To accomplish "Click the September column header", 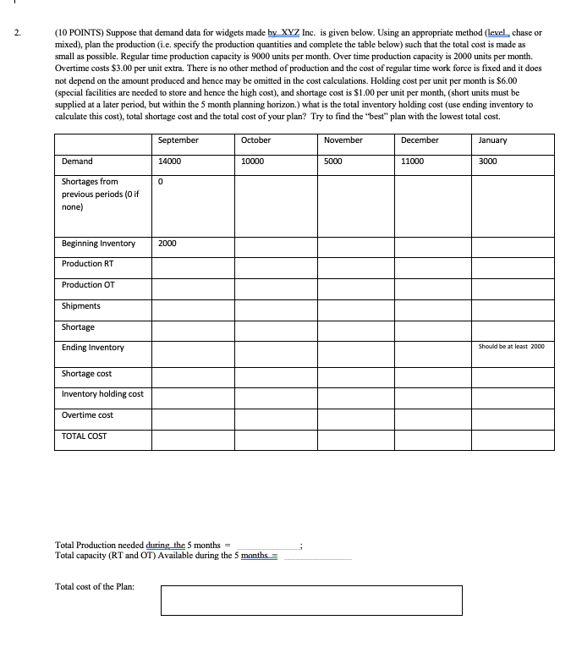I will point(178,140).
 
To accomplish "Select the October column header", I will point(255,140).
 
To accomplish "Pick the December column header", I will point(420,140).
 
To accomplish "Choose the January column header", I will point(492,140).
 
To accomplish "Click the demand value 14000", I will point(170,161).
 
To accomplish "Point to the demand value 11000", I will point(413,161).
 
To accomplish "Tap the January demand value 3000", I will point(488,161).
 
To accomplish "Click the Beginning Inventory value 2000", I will point(167,244).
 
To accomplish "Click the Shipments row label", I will point(81,306).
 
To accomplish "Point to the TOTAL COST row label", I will point(85,436).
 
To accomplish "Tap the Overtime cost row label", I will point(87,415).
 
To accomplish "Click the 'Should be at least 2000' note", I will point(513,347).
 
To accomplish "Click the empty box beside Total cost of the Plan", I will point(311,600).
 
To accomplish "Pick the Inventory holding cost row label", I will point(102,394).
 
